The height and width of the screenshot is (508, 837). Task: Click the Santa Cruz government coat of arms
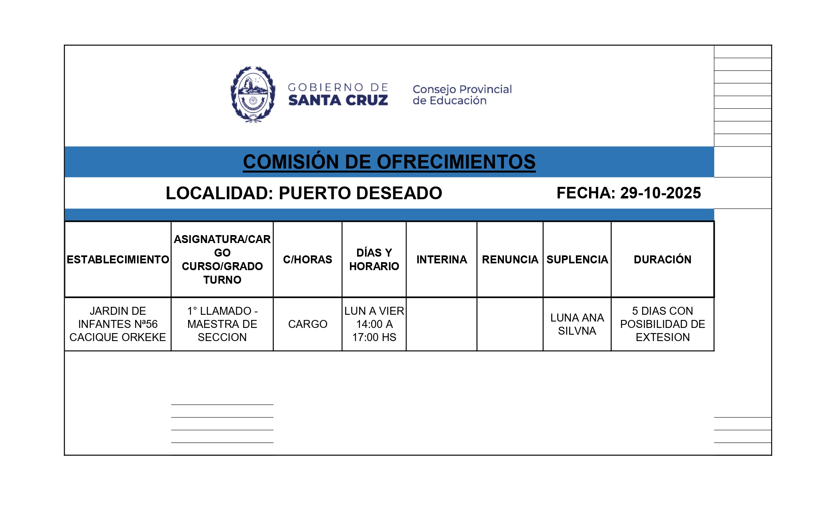[x=253, y=94]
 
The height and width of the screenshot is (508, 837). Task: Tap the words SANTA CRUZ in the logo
[x=338, y=100]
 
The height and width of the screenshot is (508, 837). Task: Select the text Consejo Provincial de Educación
[x=462, y=95]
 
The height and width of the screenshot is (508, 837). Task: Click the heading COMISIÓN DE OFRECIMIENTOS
[x=389, y=162]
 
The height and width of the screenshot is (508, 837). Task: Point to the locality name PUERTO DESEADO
[x=360, y=193]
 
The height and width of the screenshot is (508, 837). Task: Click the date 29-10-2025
[x=660, y=193]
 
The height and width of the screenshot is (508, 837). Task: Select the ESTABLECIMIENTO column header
[x=118, y=259]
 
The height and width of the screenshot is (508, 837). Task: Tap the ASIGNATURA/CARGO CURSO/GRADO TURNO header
[x=222, y=259]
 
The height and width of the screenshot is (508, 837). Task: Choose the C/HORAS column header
[x=307, y=259]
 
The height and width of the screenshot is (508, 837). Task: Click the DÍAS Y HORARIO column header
[x=374, y=259]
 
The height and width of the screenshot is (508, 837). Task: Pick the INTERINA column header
[x=442, y=259]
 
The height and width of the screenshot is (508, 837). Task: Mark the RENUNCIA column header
[x=510, y=259]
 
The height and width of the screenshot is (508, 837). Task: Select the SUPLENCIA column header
[x=577, y=259]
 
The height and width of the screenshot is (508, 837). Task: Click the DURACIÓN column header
[x=662, y=259]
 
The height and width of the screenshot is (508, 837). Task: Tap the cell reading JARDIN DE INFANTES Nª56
[x=118, y=324]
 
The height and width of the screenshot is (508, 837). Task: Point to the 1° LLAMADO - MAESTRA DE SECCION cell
[x=222, y=324]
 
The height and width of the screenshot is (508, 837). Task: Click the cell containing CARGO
[x=307, y=324]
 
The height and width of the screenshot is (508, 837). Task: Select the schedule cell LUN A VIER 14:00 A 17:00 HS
[x=374, y=324]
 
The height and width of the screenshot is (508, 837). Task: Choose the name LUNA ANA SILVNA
[x=577, y=324]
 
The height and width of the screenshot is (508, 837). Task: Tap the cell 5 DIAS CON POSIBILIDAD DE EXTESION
[x=662, y=324]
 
